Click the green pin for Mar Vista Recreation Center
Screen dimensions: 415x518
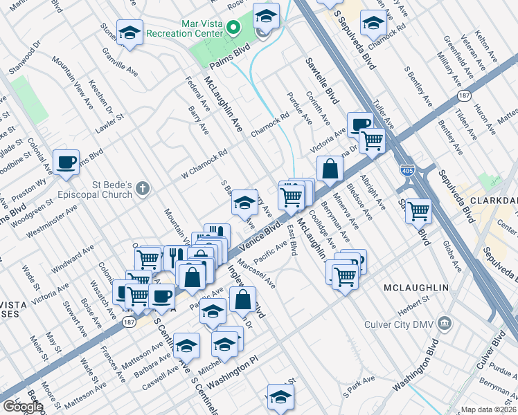coord(233,28)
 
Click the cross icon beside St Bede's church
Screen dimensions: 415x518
coord(143,187)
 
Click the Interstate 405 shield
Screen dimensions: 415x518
coord(409,168)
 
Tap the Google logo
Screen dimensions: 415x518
coord(23,407)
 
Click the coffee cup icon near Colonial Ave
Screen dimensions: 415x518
coord(66,162)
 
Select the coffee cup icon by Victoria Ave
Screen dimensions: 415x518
coord(359,124)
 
